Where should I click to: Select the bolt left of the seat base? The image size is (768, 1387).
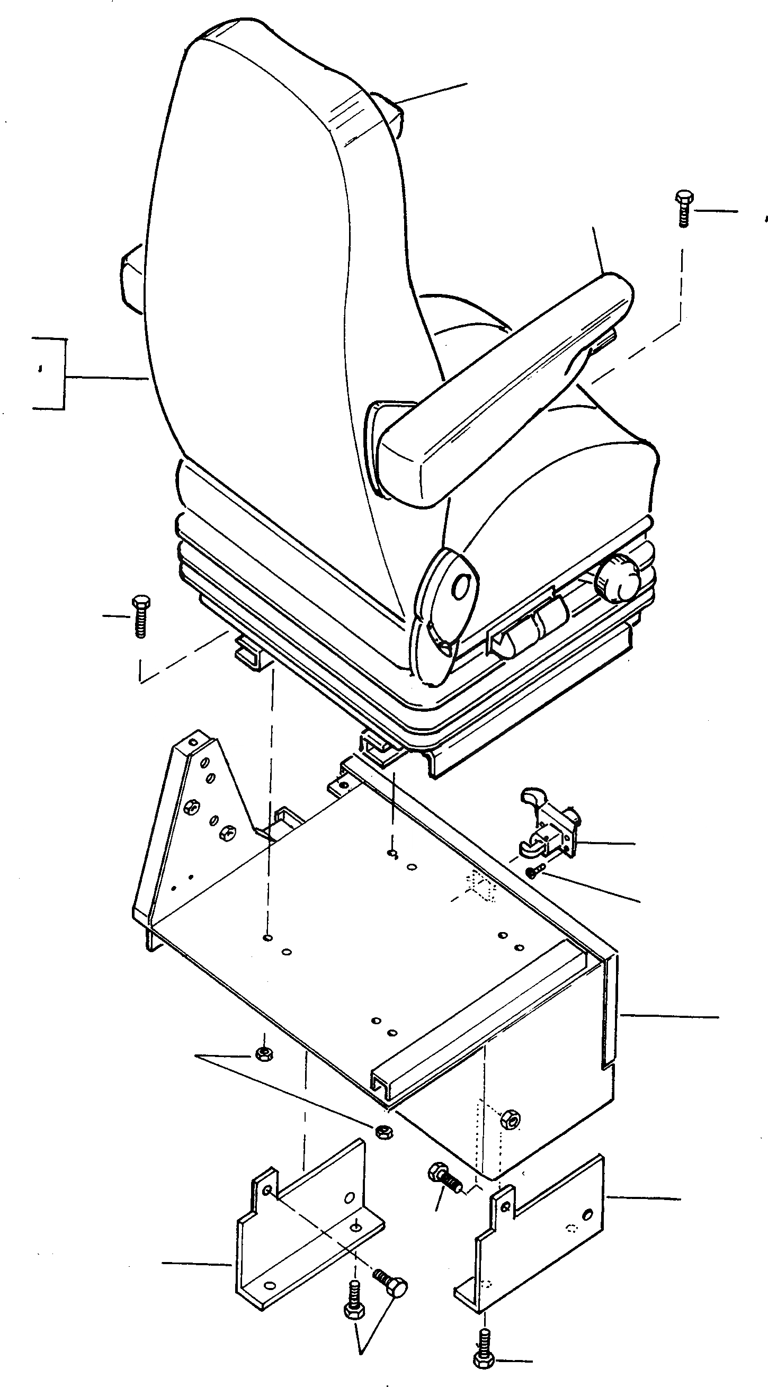(140, 616)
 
